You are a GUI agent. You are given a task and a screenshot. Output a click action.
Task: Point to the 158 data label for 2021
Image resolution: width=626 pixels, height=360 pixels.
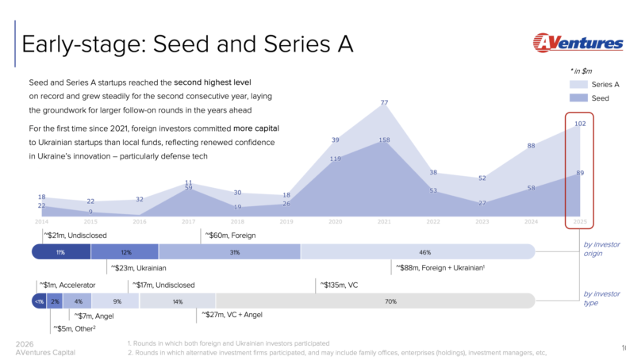click(384, 140)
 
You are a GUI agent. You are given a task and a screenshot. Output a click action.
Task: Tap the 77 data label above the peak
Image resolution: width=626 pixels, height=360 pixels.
click(384, 102)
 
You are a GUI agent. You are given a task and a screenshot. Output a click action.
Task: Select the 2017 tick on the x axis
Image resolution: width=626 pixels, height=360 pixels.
click(188, 221)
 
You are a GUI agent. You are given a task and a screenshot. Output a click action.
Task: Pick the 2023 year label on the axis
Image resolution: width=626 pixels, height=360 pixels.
click(481, 221)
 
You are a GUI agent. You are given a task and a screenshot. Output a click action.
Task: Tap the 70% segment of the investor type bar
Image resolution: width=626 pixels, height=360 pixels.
click(390, 301)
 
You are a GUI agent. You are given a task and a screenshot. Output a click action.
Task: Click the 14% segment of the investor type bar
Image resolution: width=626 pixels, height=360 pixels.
click(177, 301)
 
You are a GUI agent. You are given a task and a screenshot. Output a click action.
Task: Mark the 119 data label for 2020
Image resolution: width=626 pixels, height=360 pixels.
click(335, 159)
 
